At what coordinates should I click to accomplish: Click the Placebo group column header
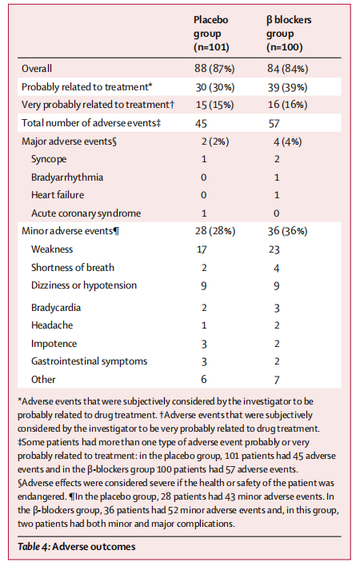211,34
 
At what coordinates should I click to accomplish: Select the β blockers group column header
289,34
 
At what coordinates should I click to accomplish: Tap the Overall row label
37,69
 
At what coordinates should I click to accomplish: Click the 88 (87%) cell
214,69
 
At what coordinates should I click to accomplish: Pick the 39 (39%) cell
287,87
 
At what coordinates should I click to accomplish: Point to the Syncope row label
49,159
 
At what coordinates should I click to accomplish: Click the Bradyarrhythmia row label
67,177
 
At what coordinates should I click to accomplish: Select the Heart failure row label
58,195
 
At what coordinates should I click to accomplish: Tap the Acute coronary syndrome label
86,213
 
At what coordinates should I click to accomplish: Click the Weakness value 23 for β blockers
274,249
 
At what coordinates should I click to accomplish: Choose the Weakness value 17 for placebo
202,249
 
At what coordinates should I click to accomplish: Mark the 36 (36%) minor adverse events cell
287,231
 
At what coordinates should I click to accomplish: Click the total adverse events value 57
274,124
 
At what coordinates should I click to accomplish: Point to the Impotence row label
54,344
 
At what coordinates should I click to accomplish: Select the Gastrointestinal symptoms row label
89,361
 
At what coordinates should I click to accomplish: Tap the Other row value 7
277,380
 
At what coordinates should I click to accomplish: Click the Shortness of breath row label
73,268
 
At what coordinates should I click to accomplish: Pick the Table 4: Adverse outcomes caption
77,547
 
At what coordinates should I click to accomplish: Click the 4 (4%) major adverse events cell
287,141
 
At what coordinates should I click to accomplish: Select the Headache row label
52,325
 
